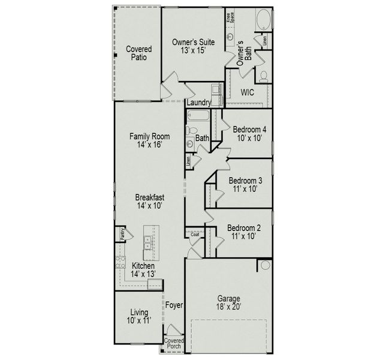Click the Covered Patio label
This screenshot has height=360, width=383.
138,53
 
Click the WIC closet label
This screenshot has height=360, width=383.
248,92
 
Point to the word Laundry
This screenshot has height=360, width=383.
198,103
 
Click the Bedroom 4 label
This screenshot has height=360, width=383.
250,133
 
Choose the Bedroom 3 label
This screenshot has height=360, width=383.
245,184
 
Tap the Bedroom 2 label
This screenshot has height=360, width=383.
244,232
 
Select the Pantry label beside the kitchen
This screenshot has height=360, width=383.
122,233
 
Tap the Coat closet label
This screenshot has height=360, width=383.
195,235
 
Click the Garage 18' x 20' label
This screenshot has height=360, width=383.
228,302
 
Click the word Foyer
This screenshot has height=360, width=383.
174,305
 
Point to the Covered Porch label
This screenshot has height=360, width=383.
174,344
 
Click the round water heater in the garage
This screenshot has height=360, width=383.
266,265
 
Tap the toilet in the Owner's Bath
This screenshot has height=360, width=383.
263,76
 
